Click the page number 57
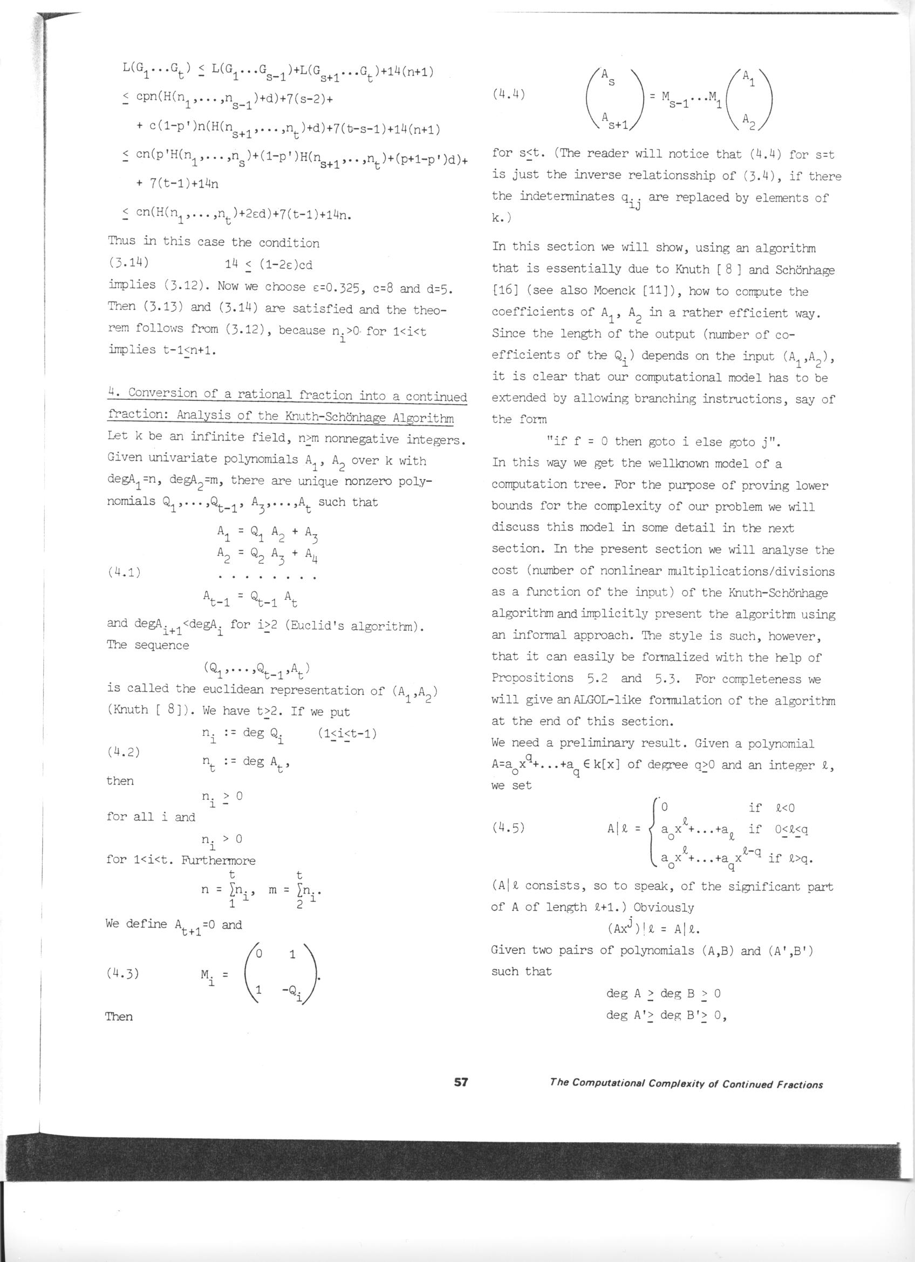coord(461,1082)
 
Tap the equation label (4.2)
coord(123,752)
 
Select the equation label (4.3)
coord(122,973)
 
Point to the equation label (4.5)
coord(508,828)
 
